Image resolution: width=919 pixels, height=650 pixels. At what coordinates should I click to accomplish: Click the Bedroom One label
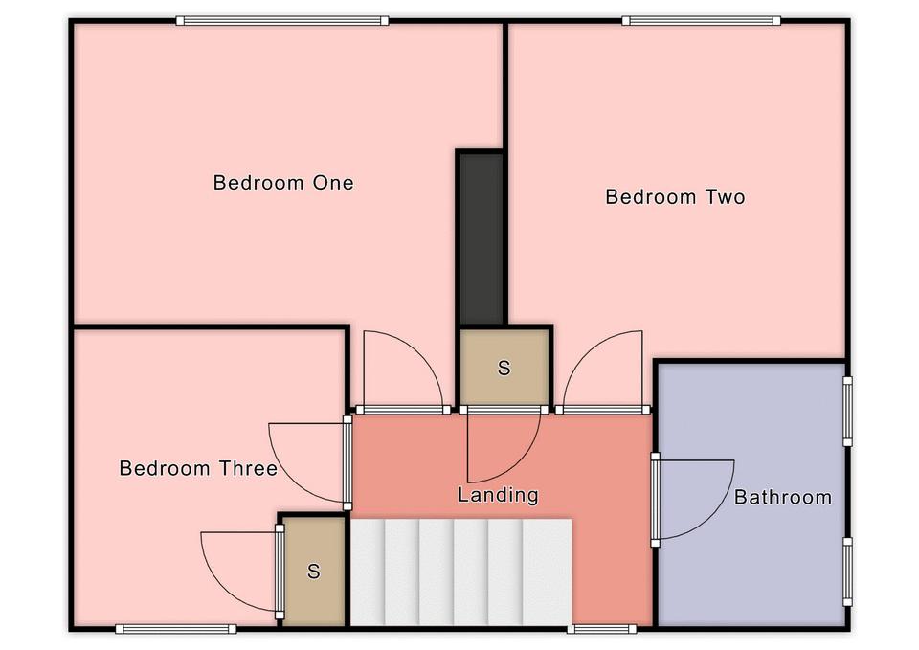283,182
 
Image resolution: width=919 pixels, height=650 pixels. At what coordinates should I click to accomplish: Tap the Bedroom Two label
675,196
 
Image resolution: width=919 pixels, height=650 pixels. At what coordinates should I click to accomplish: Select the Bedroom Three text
198,468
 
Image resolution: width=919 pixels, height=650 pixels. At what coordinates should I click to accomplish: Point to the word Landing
498,495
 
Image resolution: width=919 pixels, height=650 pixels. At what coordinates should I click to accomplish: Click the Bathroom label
783,497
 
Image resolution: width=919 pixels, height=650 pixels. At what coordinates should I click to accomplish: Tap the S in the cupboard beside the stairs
314,571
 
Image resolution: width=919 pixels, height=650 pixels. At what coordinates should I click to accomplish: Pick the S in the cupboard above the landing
504,368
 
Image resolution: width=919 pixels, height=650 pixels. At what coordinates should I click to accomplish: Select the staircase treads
461,572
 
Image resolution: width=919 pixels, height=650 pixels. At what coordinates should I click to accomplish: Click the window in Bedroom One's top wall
282,21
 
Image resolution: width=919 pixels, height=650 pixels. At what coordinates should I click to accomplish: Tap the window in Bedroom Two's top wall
702,21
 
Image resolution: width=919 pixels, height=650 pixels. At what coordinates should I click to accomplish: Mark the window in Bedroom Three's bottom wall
176,629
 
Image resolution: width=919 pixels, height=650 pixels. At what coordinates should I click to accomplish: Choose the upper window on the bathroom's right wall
847,412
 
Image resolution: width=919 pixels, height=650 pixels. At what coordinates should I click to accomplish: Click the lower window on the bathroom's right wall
847,572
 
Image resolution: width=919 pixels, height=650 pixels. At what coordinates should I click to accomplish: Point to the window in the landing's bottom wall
602,629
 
